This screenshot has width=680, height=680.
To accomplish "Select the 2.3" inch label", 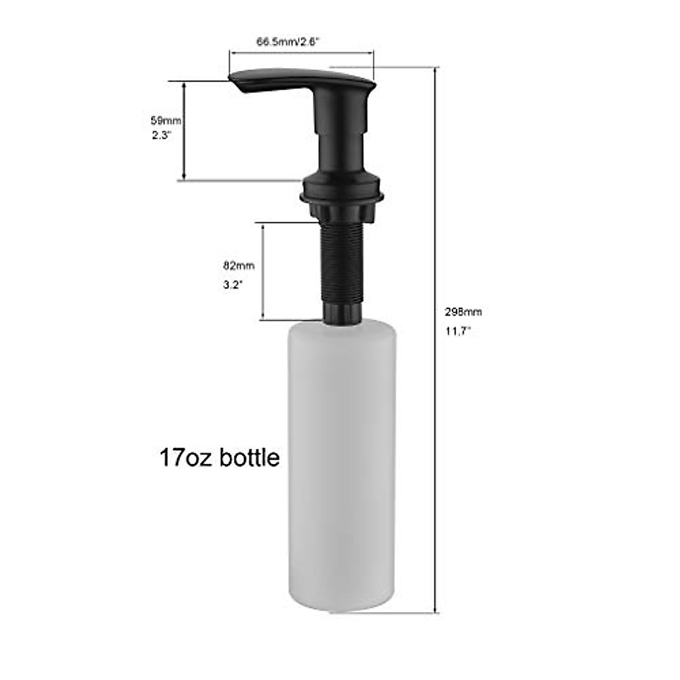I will (x=161, y=136).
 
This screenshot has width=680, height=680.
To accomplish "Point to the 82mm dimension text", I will (x=239, y=265).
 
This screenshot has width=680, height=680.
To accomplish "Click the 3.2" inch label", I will (x=233, y=286).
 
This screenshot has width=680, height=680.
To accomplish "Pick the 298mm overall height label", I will (x=463, y=311).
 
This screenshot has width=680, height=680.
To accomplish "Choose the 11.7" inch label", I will (x=458, y=332).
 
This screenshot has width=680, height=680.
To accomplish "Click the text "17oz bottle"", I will (x=220, y=457).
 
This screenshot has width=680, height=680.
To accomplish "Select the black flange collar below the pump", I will (x=342, y=193).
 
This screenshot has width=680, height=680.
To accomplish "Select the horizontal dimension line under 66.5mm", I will (x=301, y=53).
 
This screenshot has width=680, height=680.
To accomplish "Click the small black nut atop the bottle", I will (x=341, y=313).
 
